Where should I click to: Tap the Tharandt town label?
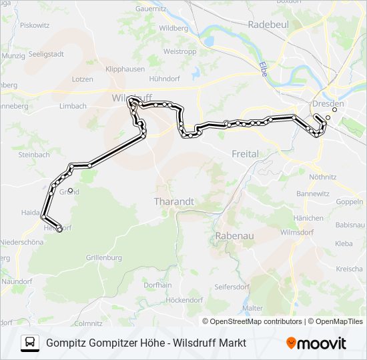[x=173, y=201]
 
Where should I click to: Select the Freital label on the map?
[x=245, y=154]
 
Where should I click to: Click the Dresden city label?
[x=328, y=104]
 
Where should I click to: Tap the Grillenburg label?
[x=103, y=257]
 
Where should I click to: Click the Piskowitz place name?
[x=35, y=25]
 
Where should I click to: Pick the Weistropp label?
[x=179, y=51]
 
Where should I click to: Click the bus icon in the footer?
[x=30, y=343]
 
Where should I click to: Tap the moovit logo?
[x=316, y=343]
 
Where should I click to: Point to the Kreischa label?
[x=349, y=269]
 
